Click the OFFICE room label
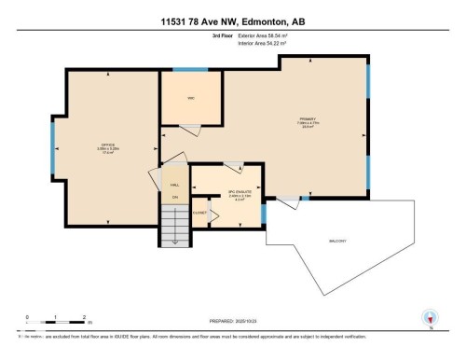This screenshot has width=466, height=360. (x=107, y=145)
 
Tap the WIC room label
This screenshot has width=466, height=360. (x=190, y=98)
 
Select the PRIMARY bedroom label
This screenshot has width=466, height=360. (x=308, y=119)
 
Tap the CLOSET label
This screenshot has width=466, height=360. (x=199, y=213)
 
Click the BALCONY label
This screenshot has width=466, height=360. (x=337, y=241)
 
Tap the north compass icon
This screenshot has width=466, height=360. (x=430, y=317)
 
